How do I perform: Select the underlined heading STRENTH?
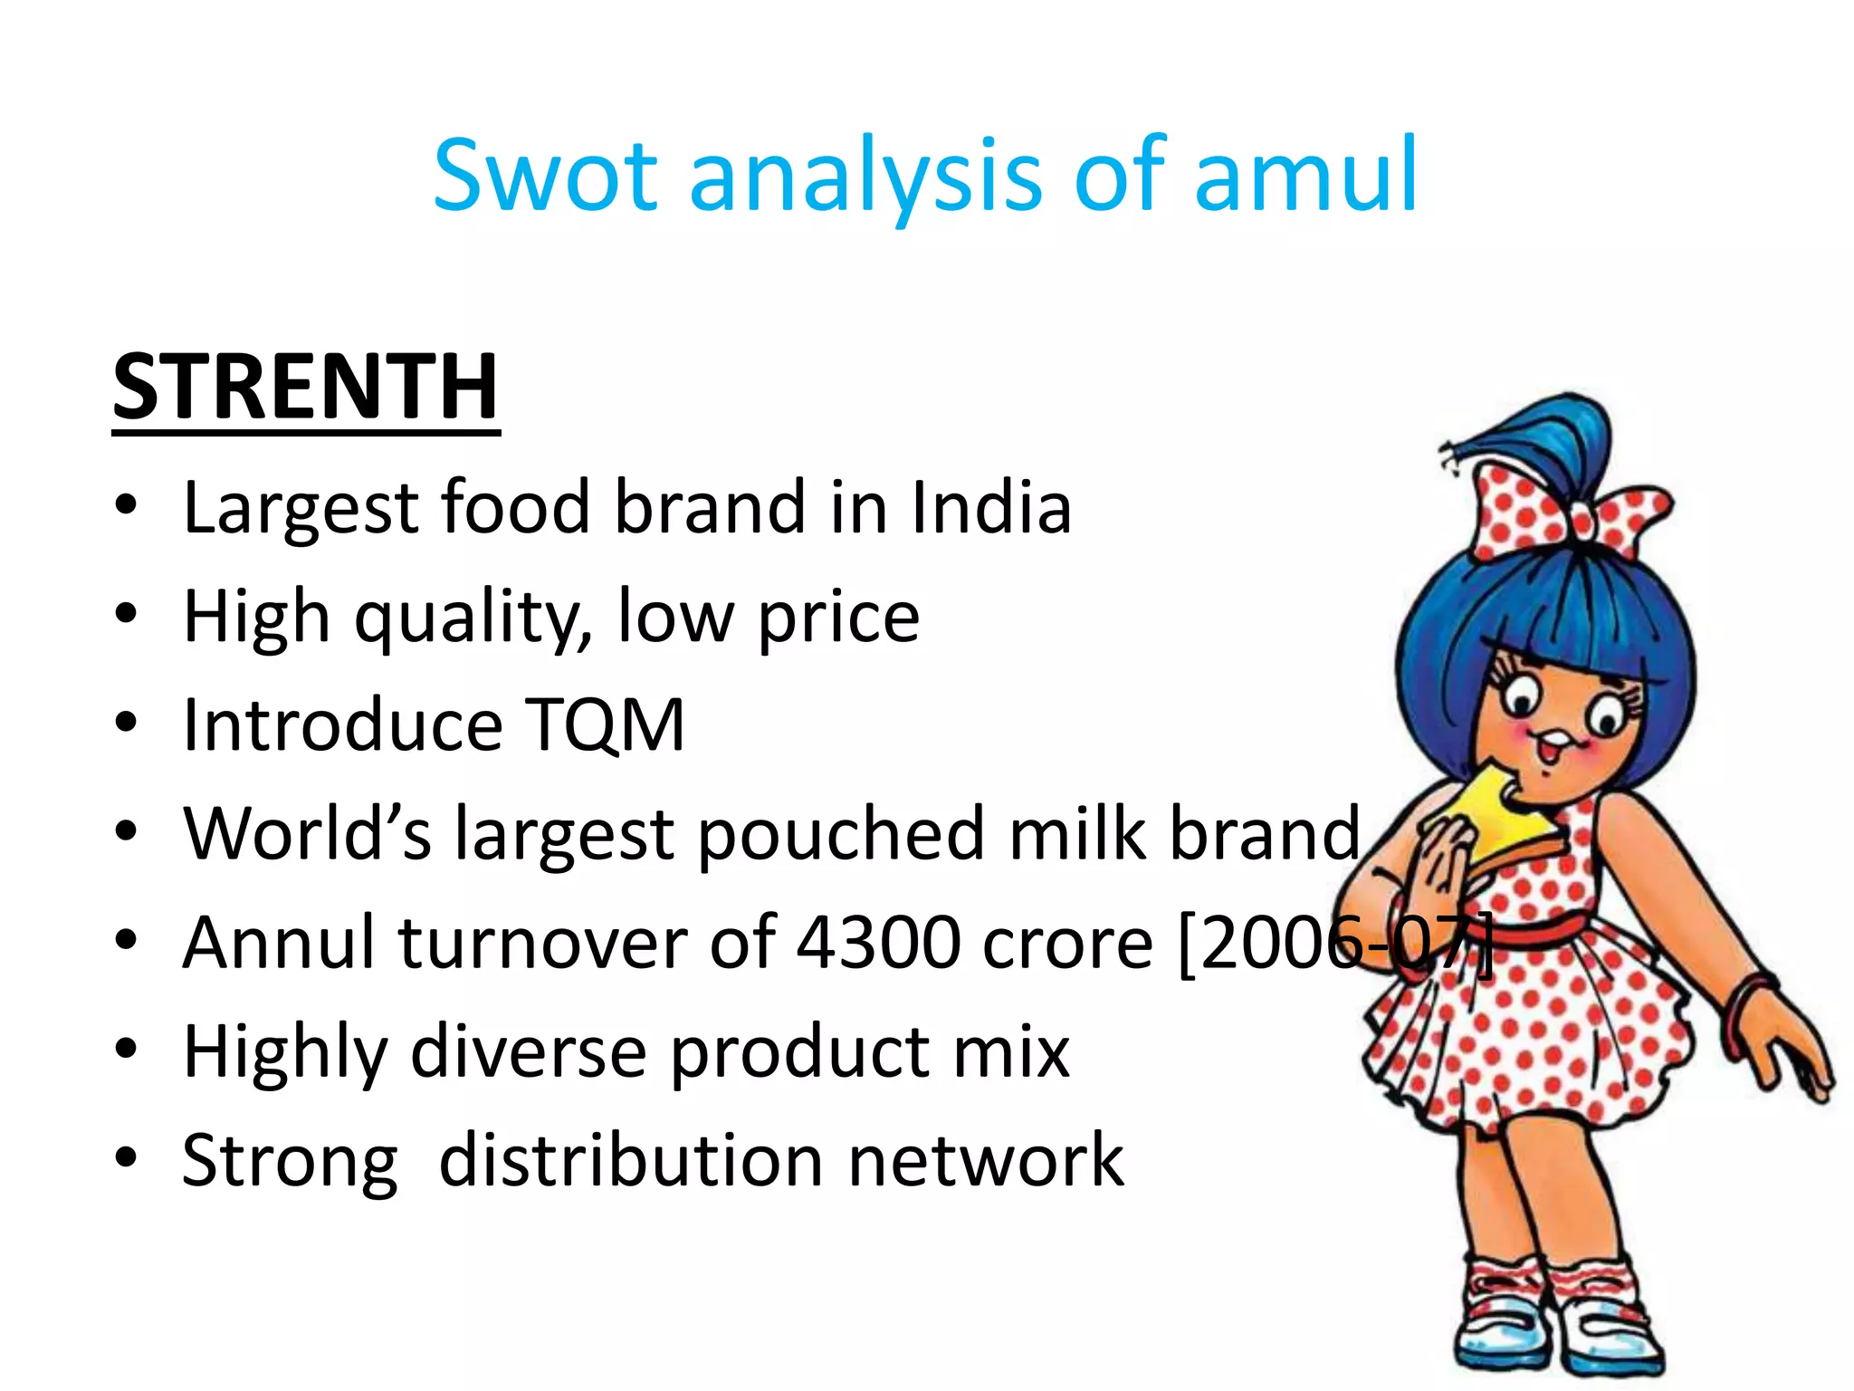click(305, 388)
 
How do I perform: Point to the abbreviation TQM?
click(606, 725)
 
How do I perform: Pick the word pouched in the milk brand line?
click(841, 834)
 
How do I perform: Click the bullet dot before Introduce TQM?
click(126, 724)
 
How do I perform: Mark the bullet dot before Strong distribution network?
click(126, 1158)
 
